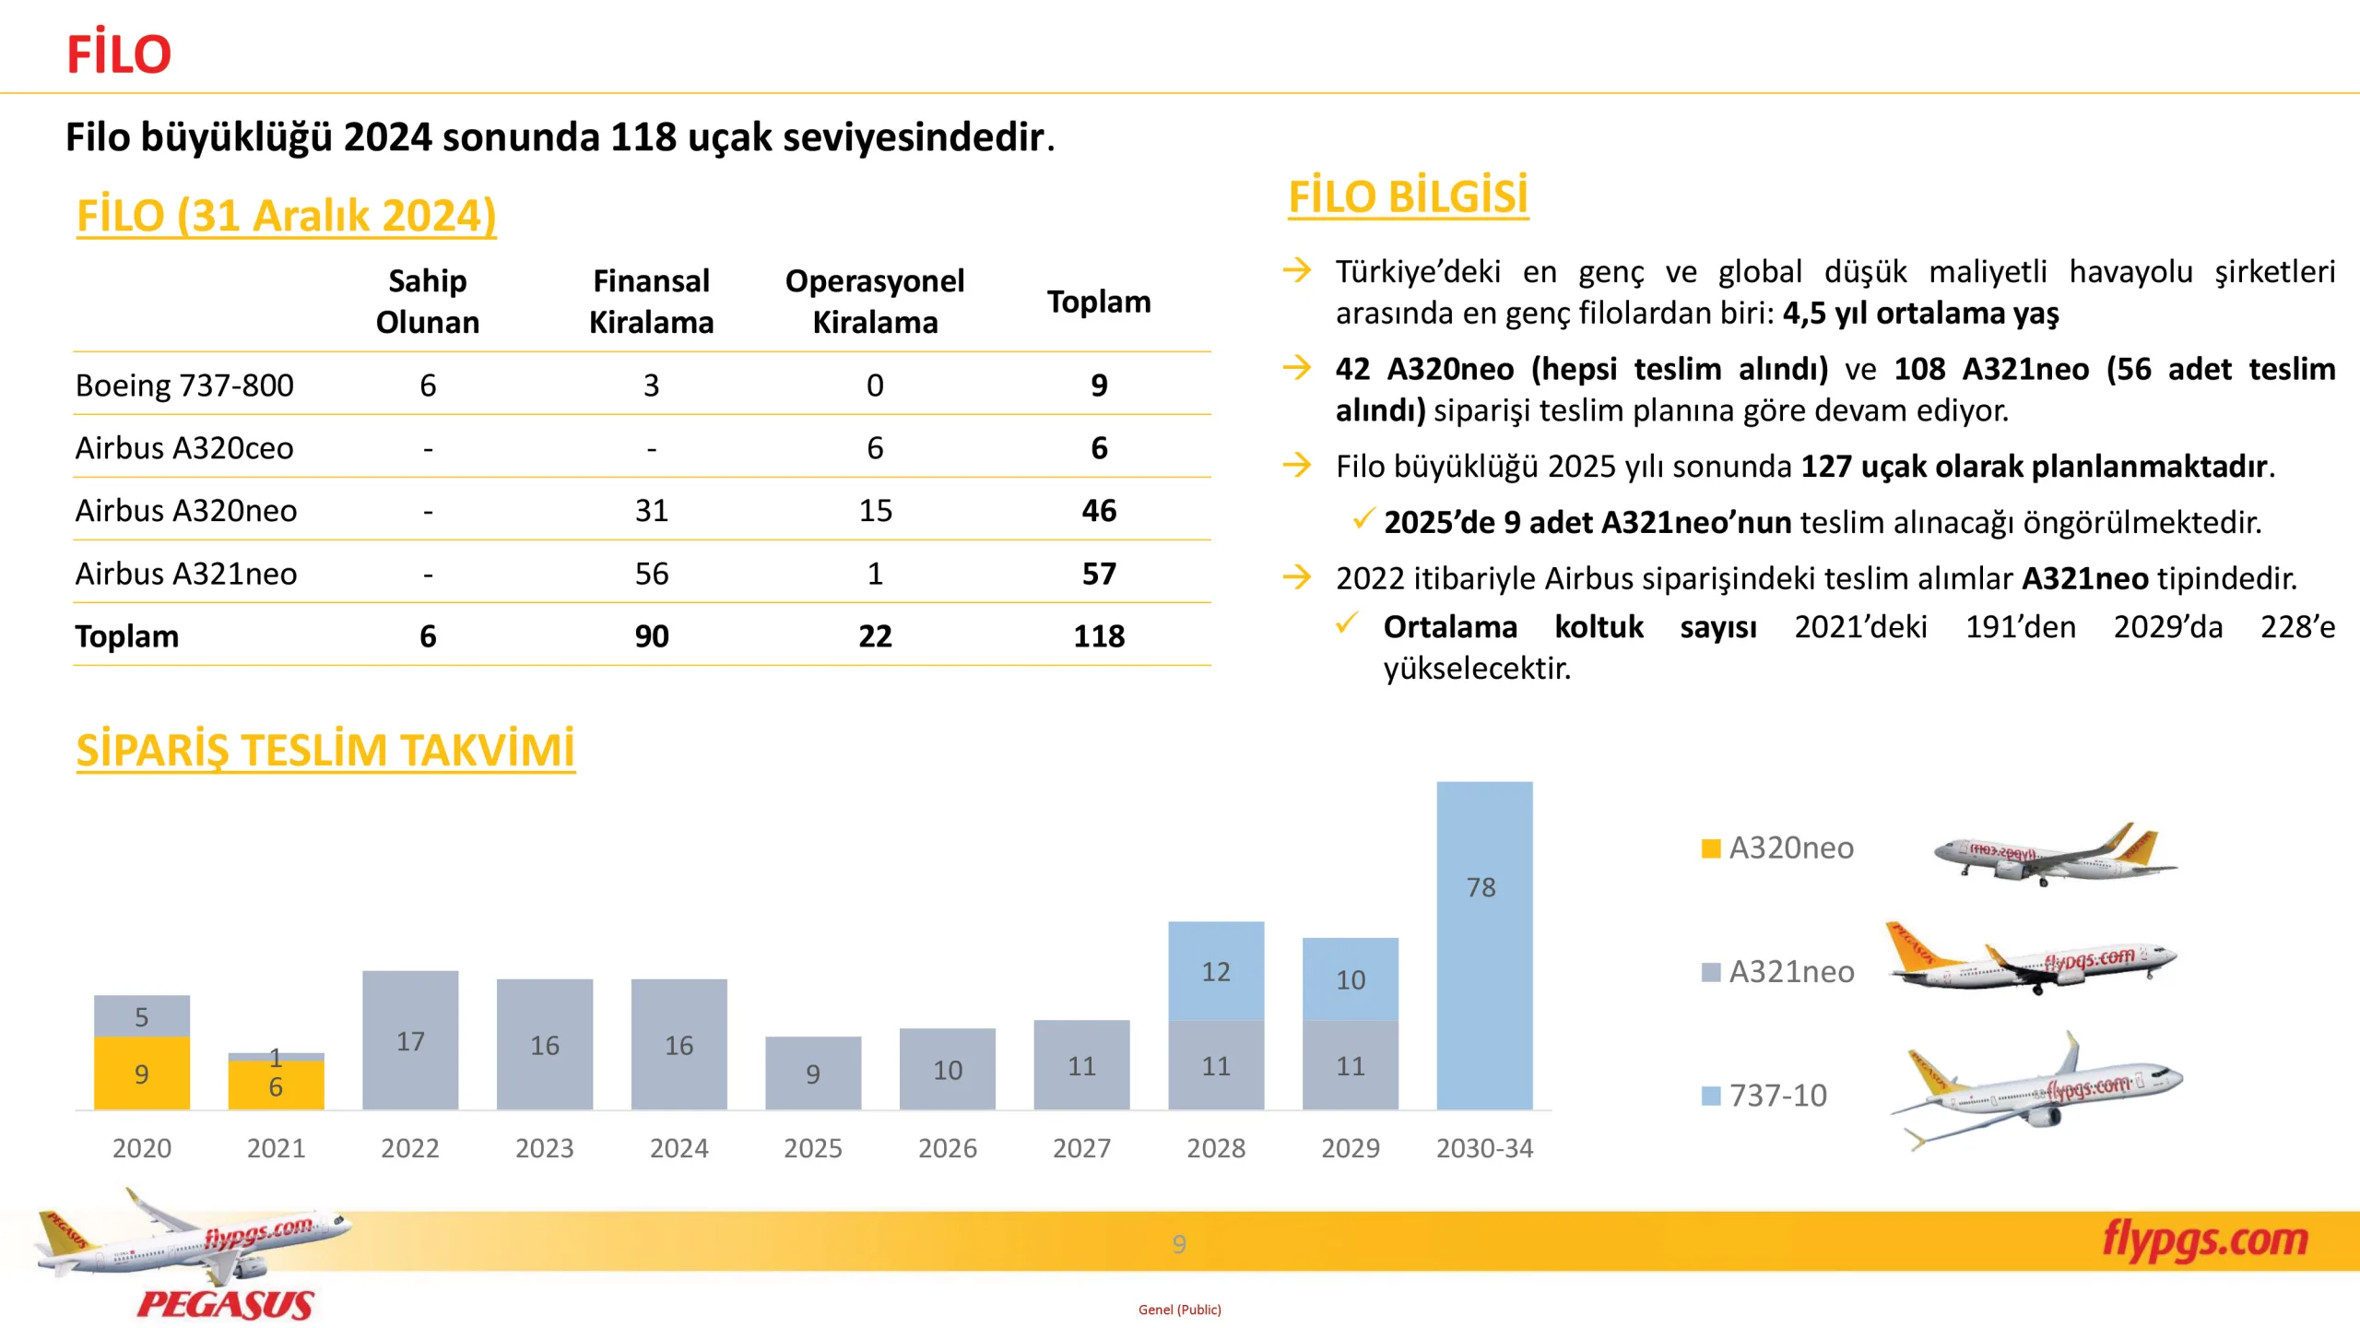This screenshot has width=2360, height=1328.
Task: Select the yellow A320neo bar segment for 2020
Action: (x=142, y=1073)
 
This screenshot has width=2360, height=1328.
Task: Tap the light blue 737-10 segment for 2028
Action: (x=1216, y=970)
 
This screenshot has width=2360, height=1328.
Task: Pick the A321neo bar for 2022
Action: (x=410, y=1039)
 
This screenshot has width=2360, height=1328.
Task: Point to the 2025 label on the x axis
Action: (x=812, y=1148)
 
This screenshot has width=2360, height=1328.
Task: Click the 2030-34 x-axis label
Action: (x=1484, y=1148)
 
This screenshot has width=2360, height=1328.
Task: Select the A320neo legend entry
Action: (x=1776, y=848)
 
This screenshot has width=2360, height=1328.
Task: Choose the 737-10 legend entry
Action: (x=1764, y=1095)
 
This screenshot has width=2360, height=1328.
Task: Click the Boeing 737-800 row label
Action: (x=184, y=385)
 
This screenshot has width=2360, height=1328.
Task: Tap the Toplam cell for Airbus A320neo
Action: (x=1099, y=510)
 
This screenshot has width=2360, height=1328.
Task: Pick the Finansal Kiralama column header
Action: (x=651, y=302)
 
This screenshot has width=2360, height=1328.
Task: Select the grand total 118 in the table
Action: (x=1099, y=635)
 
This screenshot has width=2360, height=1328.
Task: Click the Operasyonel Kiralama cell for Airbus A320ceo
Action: (x=875, y=448)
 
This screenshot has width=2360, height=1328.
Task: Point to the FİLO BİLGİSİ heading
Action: (x=1408, y=196)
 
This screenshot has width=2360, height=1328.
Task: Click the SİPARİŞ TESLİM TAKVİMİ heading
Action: (x=325, y=749)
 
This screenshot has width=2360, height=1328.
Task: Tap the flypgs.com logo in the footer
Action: (x=2204, y=1239)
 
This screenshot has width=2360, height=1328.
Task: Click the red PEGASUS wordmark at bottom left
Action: (x=226, y=1304)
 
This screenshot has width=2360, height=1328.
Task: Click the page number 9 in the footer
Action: (x=1179, y=1244)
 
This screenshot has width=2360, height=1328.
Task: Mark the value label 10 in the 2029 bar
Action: (x=1351, y=979)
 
